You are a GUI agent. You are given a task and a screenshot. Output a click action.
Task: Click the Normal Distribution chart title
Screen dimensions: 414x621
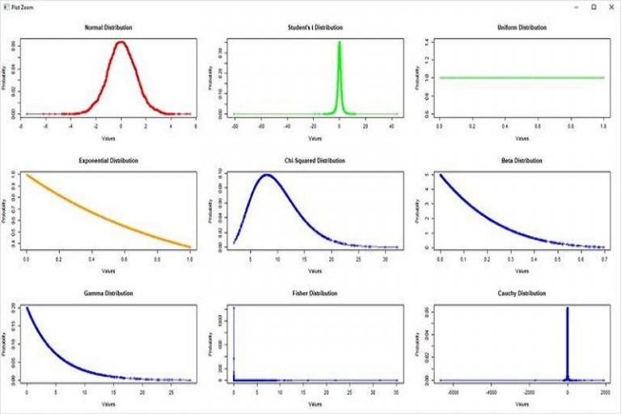(x=108, y=27)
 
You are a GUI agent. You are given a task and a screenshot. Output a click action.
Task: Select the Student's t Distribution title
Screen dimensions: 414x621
(x=315, y=27)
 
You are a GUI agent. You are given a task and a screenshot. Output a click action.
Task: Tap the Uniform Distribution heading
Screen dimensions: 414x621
(x=522, y=27)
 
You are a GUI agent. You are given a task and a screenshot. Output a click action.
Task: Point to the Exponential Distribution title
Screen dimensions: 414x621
(x=108, y=161)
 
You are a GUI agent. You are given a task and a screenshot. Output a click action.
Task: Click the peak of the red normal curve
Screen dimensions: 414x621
(x=121, y=42)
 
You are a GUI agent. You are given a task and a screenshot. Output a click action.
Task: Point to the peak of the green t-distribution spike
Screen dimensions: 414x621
(x=340, y=42)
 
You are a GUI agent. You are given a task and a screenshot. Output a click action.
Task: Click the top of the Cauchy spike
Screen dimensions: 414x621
(x=568, y=308)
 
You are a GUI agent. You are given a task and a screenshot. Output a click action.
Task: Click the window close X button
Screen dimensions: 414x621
(x=610, y=6)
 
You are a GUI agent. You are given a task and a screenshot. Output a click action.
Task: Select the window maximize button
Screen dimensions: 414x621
(x=593, y=6)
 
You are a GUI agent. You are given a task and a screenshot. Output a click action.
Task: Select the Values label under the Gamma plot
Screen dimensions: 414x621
(x=108, y=403)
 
